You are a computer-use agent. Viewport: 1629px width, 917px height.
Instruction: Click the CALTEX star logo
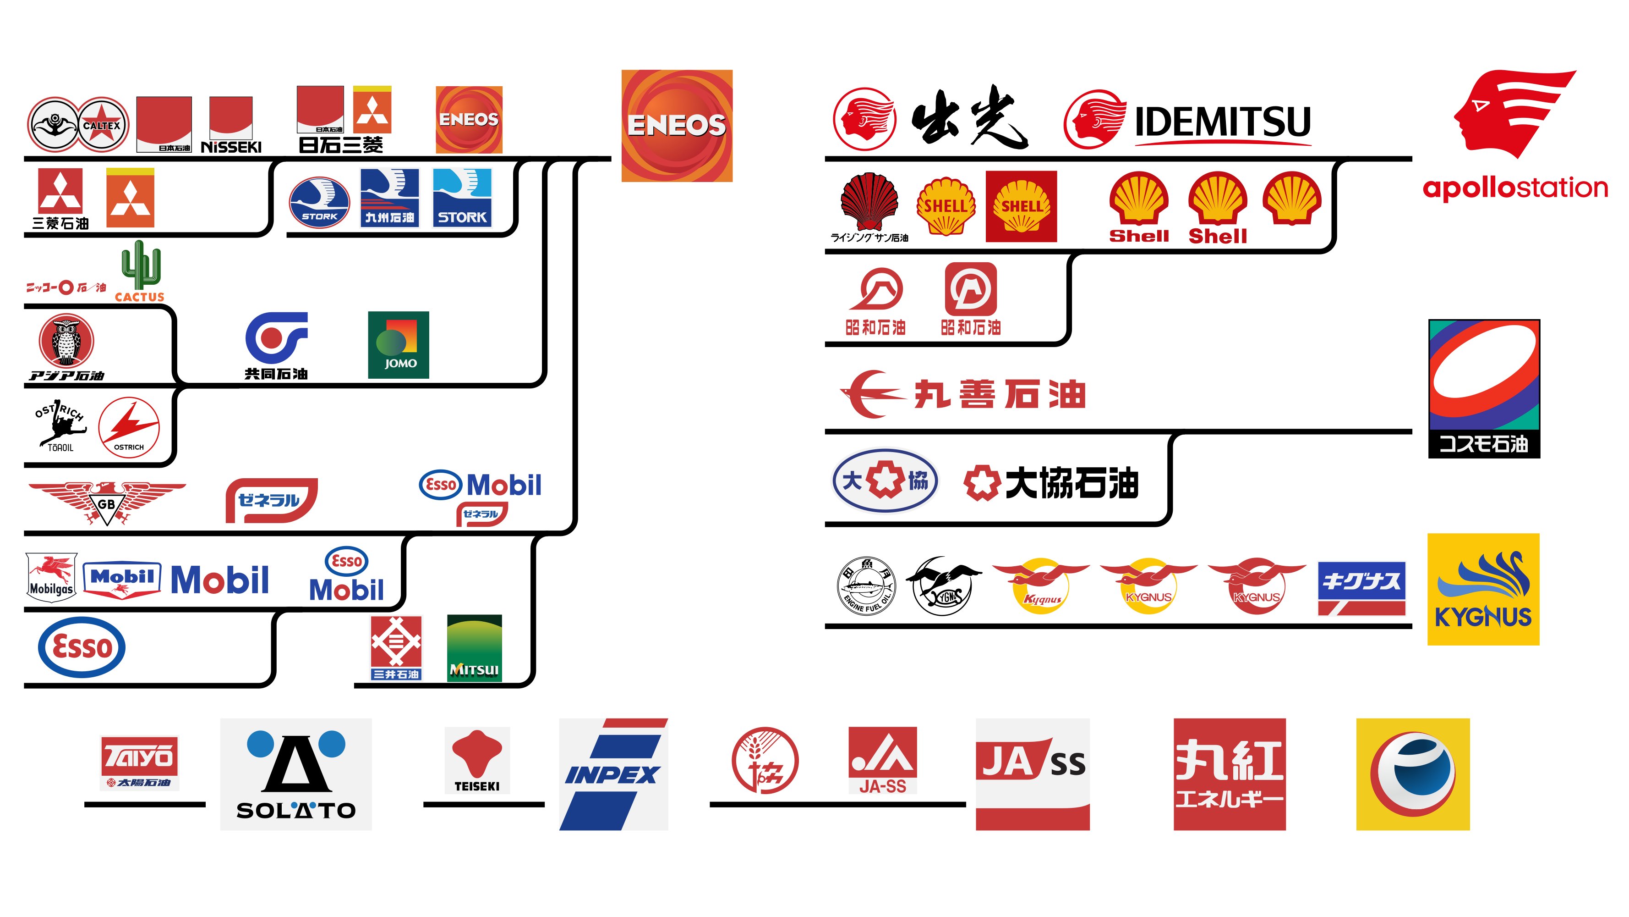[x=103, y=125]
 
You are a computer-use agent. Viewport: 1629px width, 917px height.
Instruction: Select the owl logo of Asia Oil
[x=66, y=341]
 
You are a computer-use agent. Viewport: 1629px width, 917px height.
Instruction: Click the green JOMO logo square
[x=399, y=345]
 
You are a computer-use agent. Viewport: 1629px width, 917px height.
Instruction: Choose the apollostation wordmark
[x=1514, y=188]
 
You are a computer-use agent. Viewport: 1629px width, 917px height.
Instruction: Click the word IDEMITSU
[x=1222, y=122]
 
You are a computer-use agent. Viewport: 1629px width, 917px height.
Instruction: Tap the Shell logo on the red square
[x=1021, y=206]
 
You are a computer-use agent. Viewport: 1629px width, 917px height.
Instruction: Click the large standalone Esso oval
[x=82, y=647]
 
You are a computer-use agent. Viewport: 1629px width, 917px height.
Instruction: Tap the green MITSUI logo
[x=474, y=648]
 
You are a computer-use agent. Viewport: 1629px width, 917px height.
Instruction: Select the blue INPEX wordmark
[x=612, y=774]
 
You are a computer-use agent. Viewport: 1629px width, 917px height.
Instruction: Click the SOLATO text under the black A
[x=296, y=810]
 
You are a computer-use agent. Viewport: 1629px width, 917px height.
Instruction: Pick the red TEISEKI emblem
[x=477, y=753]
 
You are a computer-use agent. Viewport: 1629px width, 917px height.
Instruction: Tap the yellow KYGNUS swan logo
[x=1483, y=589]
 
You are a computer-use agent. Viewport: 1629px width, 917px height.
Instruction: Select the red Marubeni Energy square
[x=1230, y=774]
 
